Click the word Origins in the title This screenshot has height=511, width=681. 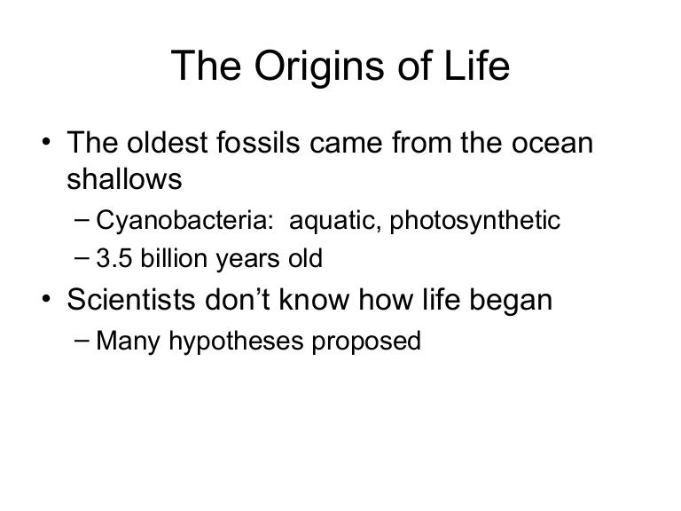pyautogui.click(x=319, y=67)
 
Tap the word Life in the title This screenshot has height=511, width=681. pyautogui.click(x=476, y=65)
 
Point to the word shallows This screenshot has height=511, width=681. pyautogui.click(x=124, y=178)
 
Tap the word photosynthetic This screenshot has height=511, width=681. pyautogui.click(x=475, y=220)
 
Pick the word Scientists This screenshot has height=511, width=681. pyautogui.click(x=131, y=299)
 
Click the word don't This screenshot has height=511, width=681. pyautogui.click(x=238, y=299)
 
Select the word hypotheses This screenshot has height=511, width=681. pyautogui.click(x=236, y=341)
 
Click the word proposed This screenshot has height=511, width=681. pyautogui.click(x=366, y=342)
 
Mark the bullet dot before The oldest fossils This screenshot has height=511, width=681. pyautogui.click(x=46, y=142)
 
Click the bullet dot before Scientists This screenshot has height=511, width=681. pyautogui.click(x=46, y=299)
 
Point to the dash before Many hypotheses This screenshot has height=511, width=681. pyautogui.click(x=82, y=340)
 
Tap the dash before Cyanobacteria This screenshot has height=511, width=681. pyautogui.click(x=82, y=220)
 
